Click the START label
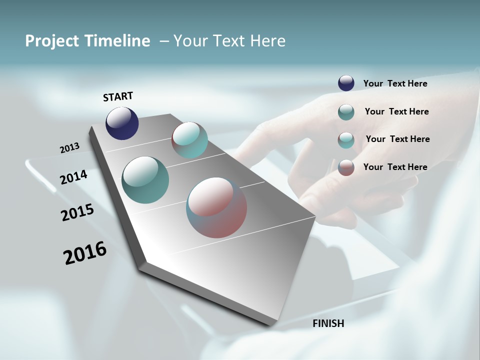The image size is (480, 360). (118, 96)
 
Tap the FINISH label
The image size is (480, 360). (328, 323)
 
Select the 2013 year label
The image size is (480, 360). (69, 148)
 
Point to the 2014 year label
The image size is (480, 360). (73, 177)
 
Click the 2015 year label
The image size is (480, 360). (77, 212)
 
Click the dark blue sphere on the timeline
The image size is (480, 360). (122, 123)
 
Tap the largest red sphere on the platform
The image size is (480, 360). (216, 207)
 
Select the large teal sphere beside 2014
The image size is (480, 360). (145, 180)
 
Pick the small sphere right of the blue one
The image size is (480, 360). (189, 140)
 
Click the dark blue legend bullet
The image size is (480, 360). (346, 83)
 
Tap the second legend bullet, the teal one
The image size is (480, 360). (346, 112)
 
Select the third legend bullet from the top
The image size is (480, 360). (346, 140)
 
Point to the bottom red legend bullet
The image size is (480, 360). (346, 167)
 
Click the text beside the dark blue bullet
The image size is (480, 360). (395, 83)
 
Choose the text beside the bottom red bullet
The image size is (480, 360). (395, 167)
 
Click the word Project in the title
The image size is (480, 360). (51, 41)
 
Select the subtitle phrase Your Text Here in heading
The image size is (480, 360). (229, 40)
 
